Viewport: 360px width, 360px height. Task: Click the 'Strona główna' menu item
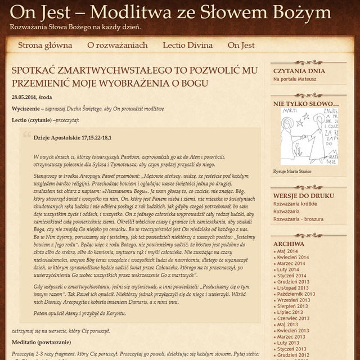(x=45, y=45)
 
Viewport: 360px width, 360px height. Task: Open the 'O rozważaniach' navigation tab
(x=117, y=45)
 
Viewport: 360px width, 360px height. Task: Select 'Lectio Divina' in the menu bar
(x=188, y=45)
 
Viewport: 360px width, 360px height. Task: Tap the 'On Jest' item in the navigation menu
(x=241, y=45)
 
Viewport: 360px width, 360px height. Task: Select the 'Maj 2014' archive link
(x=288, y=251)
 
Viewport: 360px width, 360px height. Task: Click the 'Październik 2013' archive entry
(x=295, y=294)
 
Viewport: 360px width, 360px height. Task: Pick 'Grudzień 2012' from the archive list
(x=294, y=355)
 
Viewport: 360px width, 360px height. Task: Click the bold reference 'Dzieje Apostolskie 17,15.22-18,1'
(x=72, y=137)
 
